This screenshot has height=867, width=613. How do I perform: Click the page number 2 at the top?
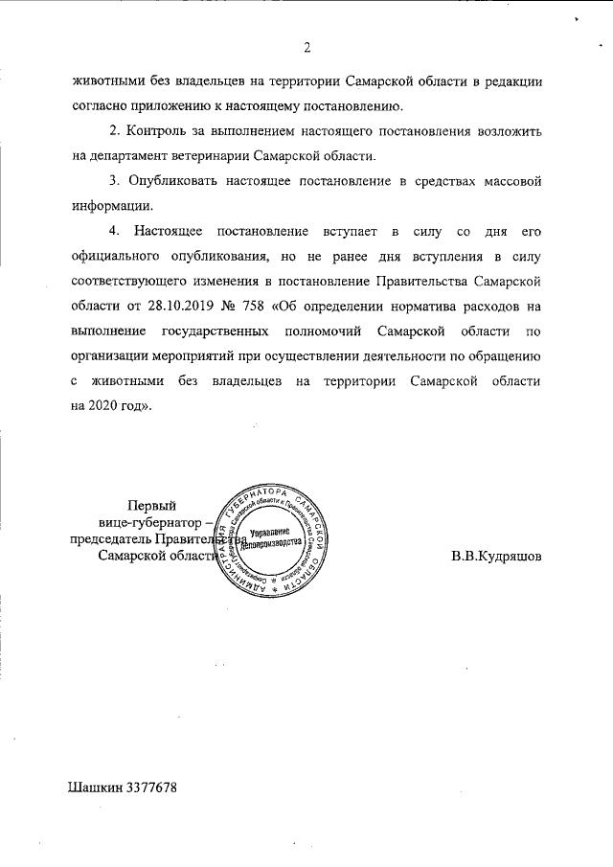[x=306, y=47]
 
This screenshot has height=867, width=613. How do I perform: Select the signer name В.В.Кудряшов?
[x=496, y=556]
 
